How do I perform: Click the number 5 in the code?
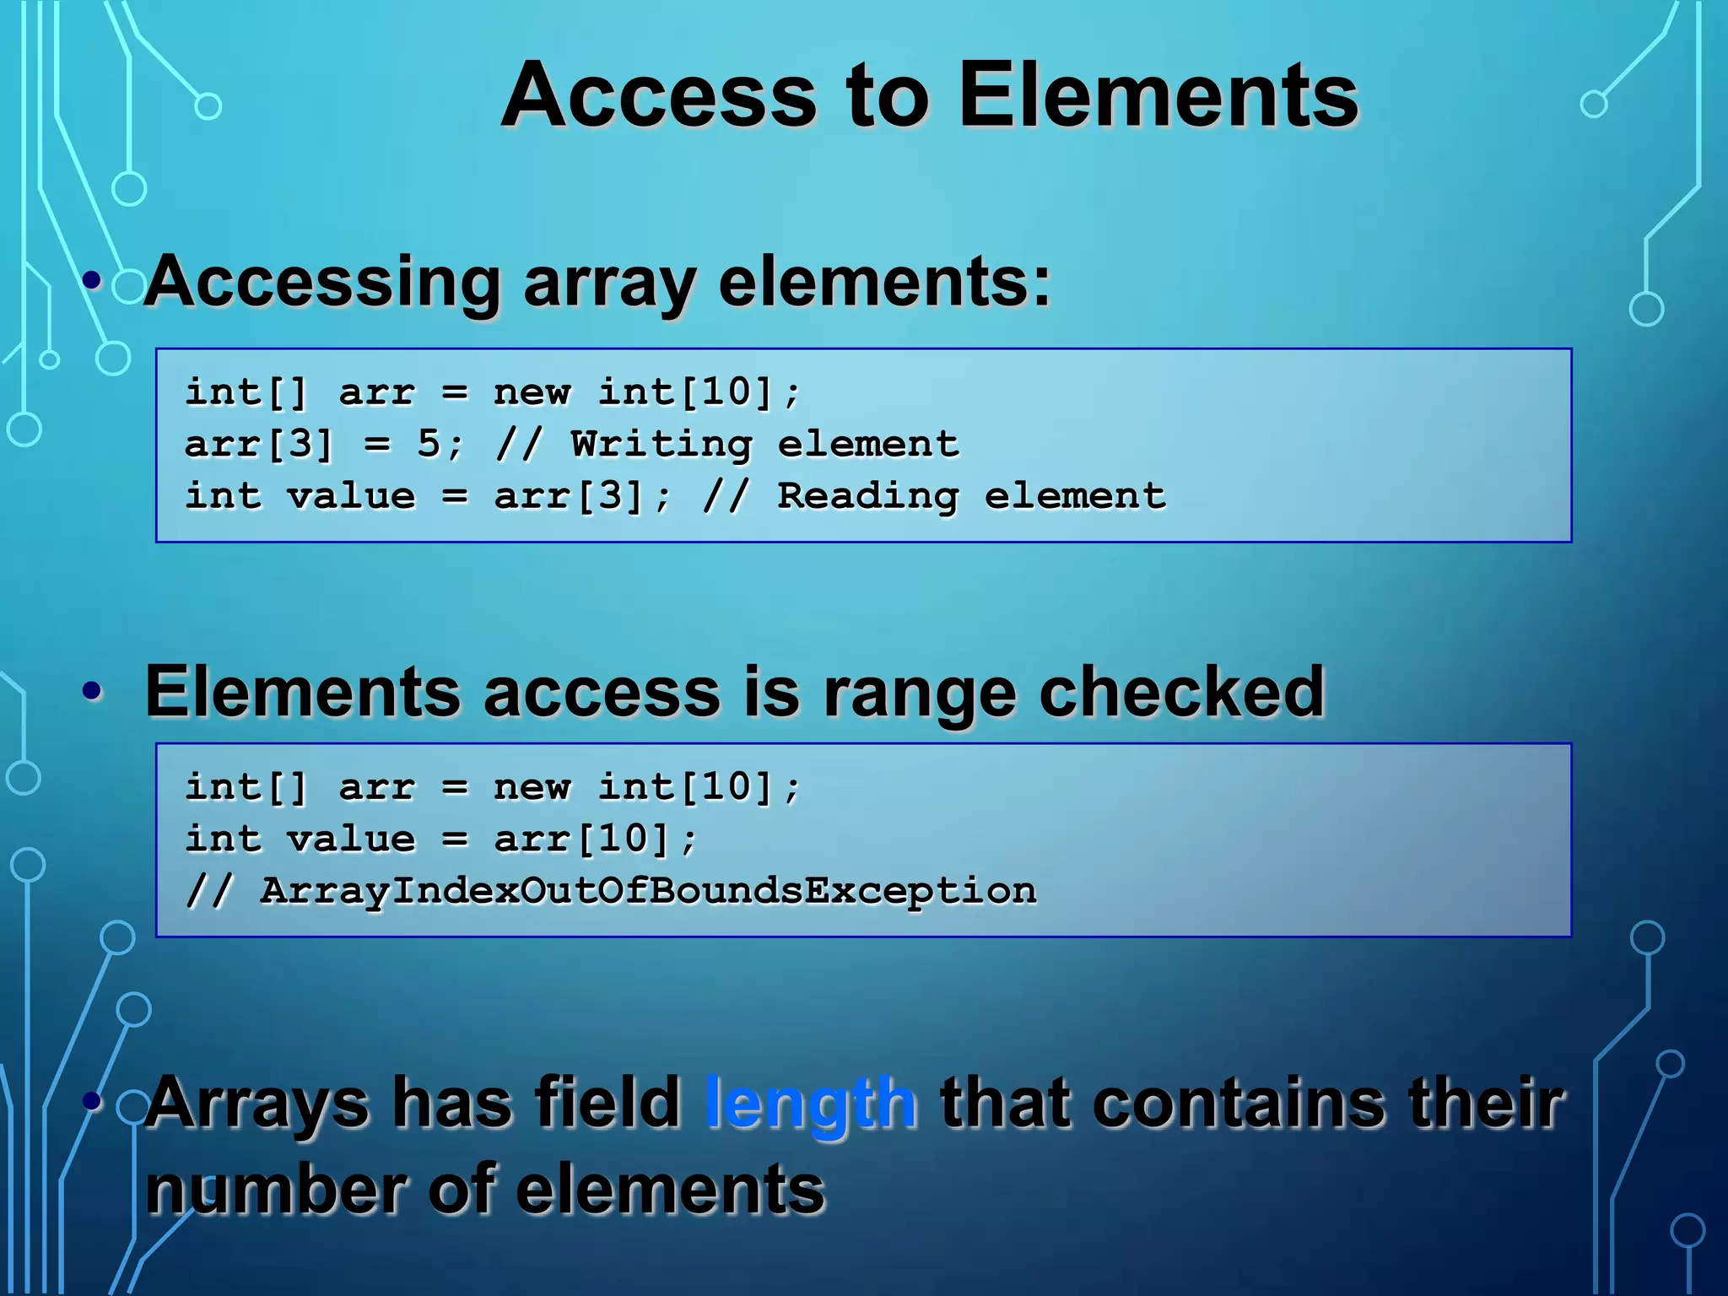tap(429, 444)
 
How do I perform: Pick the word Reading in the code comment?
tap(867, 496)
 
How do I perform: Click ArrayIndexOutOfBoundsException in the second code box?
tap(648, 891)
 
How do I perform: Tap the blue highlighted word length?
tap(810, 1102)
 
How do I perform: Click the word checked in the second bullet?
tap(1181, 692)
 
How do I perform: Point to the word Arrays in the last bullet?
tap(257, 1104)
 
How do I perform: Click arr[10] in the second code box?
tap(582, 839)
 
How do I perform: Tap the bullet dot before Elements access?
tap(93, 692)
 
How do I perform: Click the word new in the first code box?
tap(532, 392)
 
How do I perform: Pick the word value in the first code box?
tap(351, 496)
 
